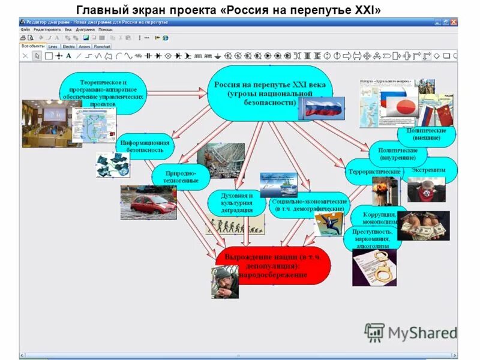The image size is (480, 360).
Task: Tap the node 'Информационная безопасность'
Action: (145, 146)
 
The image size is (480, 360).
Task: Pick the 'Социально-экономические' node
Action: (310, 206)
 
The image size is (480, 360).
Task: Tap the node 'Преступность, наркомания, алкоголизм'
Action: (373, 238)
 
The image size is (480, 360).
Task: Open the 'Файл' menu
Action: (25, 29)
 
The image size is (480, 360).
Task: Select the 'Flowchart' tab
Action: (102, 46)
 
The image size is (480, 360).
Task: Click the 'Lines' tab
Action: (53, 46)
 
